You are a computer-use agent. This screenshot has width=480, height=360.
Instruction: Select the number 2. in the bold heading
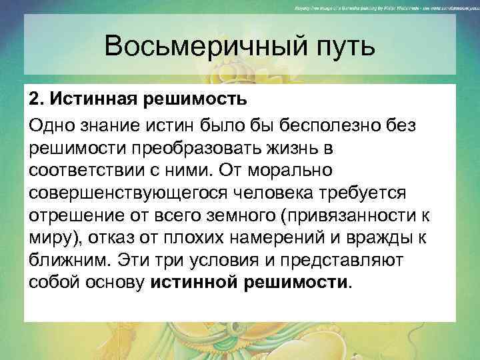point(36,99)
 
